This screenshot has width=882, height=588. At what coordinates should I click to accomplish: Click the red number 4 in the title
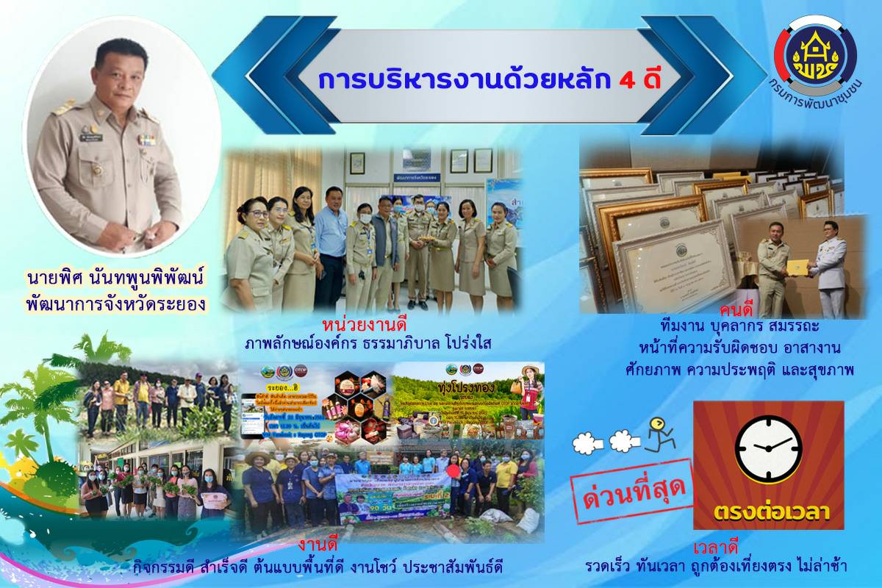628,80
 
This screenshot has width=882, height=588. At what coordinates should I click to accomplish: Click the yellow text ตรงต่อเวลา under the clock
768,509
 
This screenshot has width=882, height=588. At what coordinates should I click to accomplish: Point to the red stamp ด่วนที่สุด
633,491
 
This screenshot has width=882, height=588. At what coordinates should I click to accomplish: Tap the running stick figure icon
659,434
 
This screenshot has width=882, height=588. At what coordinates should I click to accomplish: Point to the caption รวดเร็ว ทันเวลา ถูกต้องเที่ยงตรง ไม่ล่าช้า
716,567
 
